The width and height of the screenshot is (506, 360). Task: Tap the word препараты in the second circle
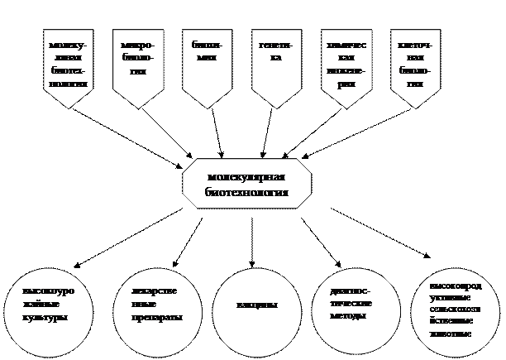coord(156,317)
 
